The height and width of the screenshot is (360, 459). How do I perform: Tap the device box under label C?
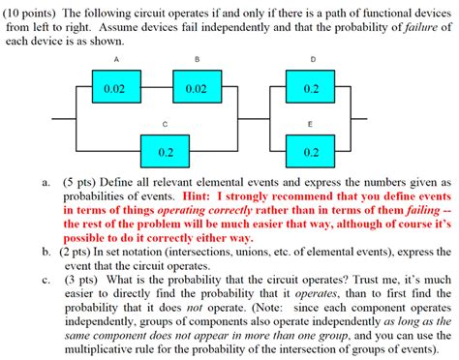pyautogui.click(x=167, y=152)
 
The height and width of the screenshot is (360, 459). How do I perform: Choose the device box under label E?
pyautogui.click(x=312, y=152)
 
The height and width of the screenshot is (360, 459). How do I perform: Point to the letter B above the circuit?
pyautogui.click(x=197, y=60)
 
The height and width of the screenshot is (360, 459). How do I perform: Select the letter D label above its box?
pyautogui.click(x=312, y=60)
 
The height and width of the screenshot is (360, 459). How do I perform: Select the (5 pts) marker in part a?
pyautogui.click(x=83, y=182)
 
